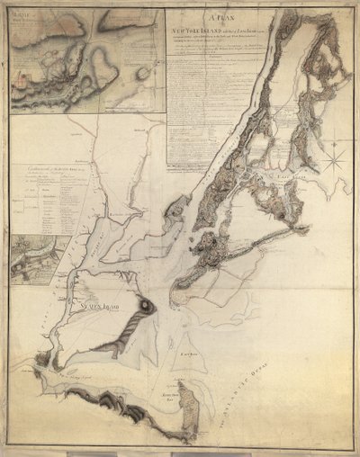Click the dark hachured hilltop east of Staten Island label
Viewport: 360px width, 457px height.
(144, 308)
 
